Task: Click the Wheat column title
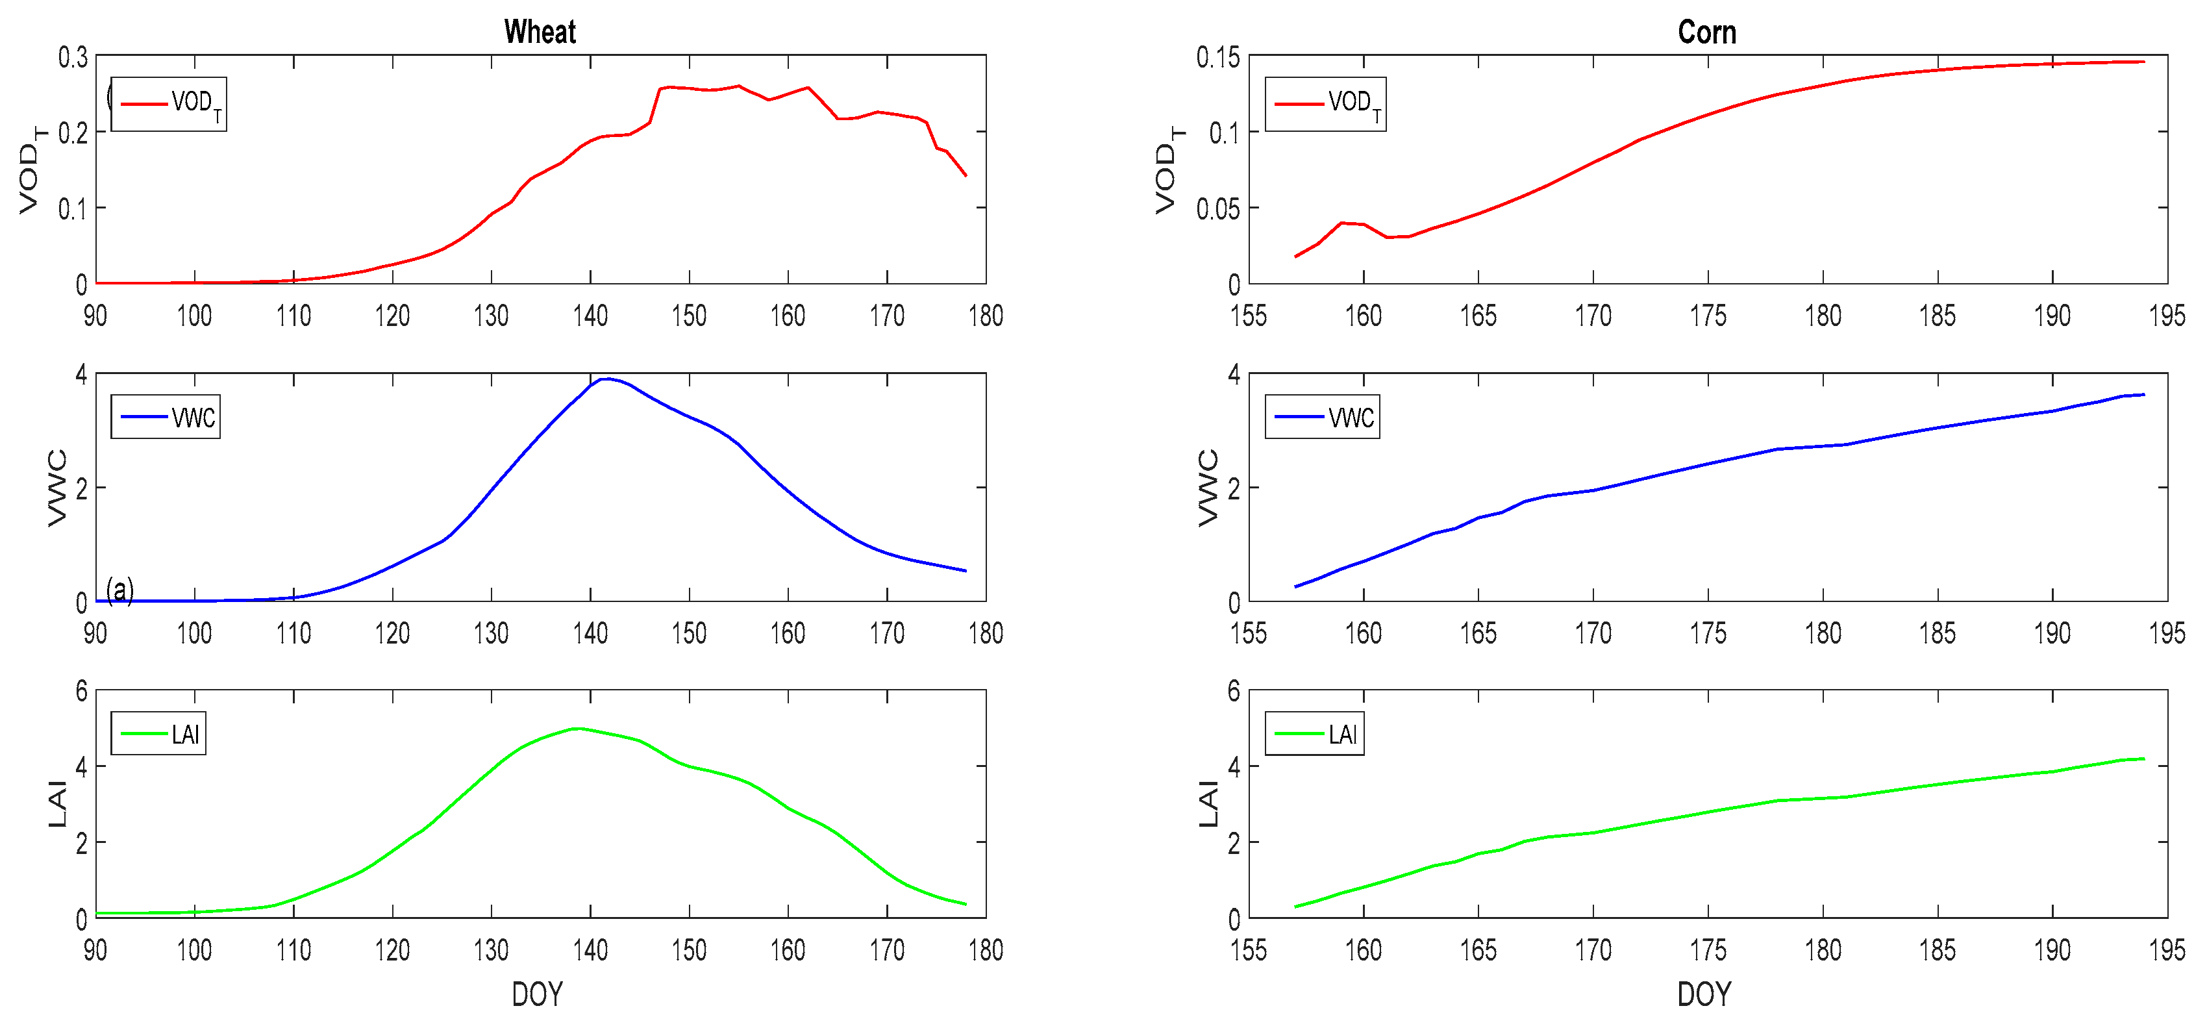[540, 32]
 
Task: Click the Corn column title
[1706, 32]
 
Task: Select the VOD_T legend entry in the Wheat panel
[169, 104]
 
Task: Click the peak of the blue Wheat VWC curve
[606, 379]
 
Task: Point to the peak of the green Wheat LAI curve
[579, 729]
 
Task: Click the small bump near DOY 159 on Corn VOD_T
[1341, 223]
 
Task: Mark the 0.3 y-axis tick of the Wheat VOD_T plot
[73, 57]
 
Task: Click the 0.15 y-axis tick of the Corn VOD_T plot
[1217, 57]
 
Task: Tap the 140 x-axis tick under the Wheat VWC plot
[590, 633]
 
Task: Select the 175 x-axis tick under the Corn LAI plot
[1708, 950]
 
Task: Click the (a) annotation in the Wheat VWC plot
[120, 590]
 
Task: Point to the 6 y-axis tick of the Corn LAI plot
[1234, 690]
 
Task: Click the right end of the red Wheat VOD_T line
[966, 175]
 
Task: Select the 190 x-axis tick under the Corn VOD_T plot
[2052, 316]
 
